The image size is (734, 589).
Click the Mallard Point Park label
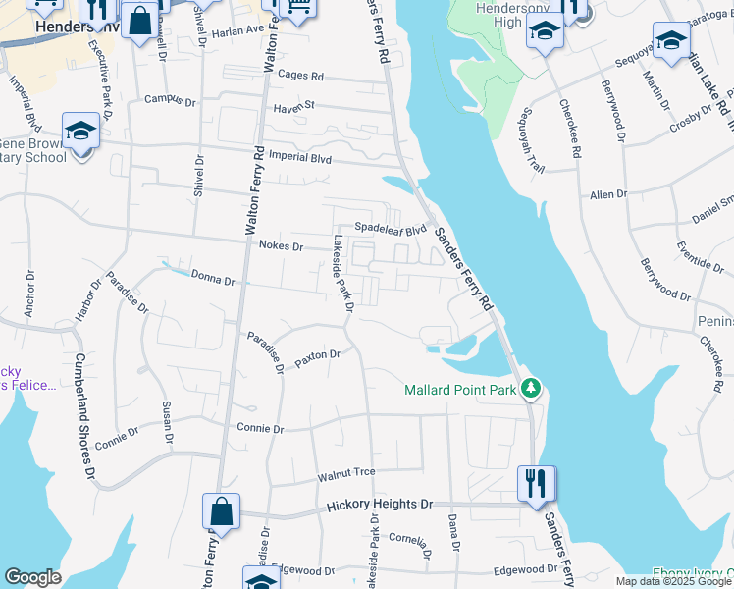(x=459, y=390)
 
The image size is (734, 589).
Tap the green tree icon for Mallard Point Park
(x=531, y=389)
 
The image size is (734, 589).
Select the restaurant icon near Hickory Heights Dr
(x=537, y=484)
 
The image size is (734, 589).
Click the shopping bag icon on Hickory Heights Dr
(x=222, y=511)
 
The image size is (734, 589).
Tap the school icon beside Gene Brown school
(x=80, y=131)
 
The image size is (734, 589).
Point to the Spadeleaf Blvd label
(x=391, y=229)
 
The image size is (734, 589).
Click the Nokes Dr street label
(x=281, y=246)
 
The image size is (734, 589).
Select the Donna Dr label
(x=213, y=281)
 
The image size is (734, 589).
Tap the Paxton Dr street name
(x=317, y=356)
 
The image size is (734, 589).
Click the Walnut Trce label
(x=346, y=473)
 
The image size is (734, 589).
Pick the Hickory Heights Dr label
(x=379, y=504)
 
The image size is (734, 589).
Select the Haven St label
(x=292, y=105)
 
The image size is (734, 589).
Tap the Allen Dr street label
(x=607, y=195)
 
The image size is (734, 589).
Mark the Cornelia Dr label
(x=407, y=541)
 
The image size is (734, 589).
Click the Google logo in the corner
(x=33, y=578)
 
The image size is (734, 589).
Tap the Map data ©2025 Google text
(x=673, y=581)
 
